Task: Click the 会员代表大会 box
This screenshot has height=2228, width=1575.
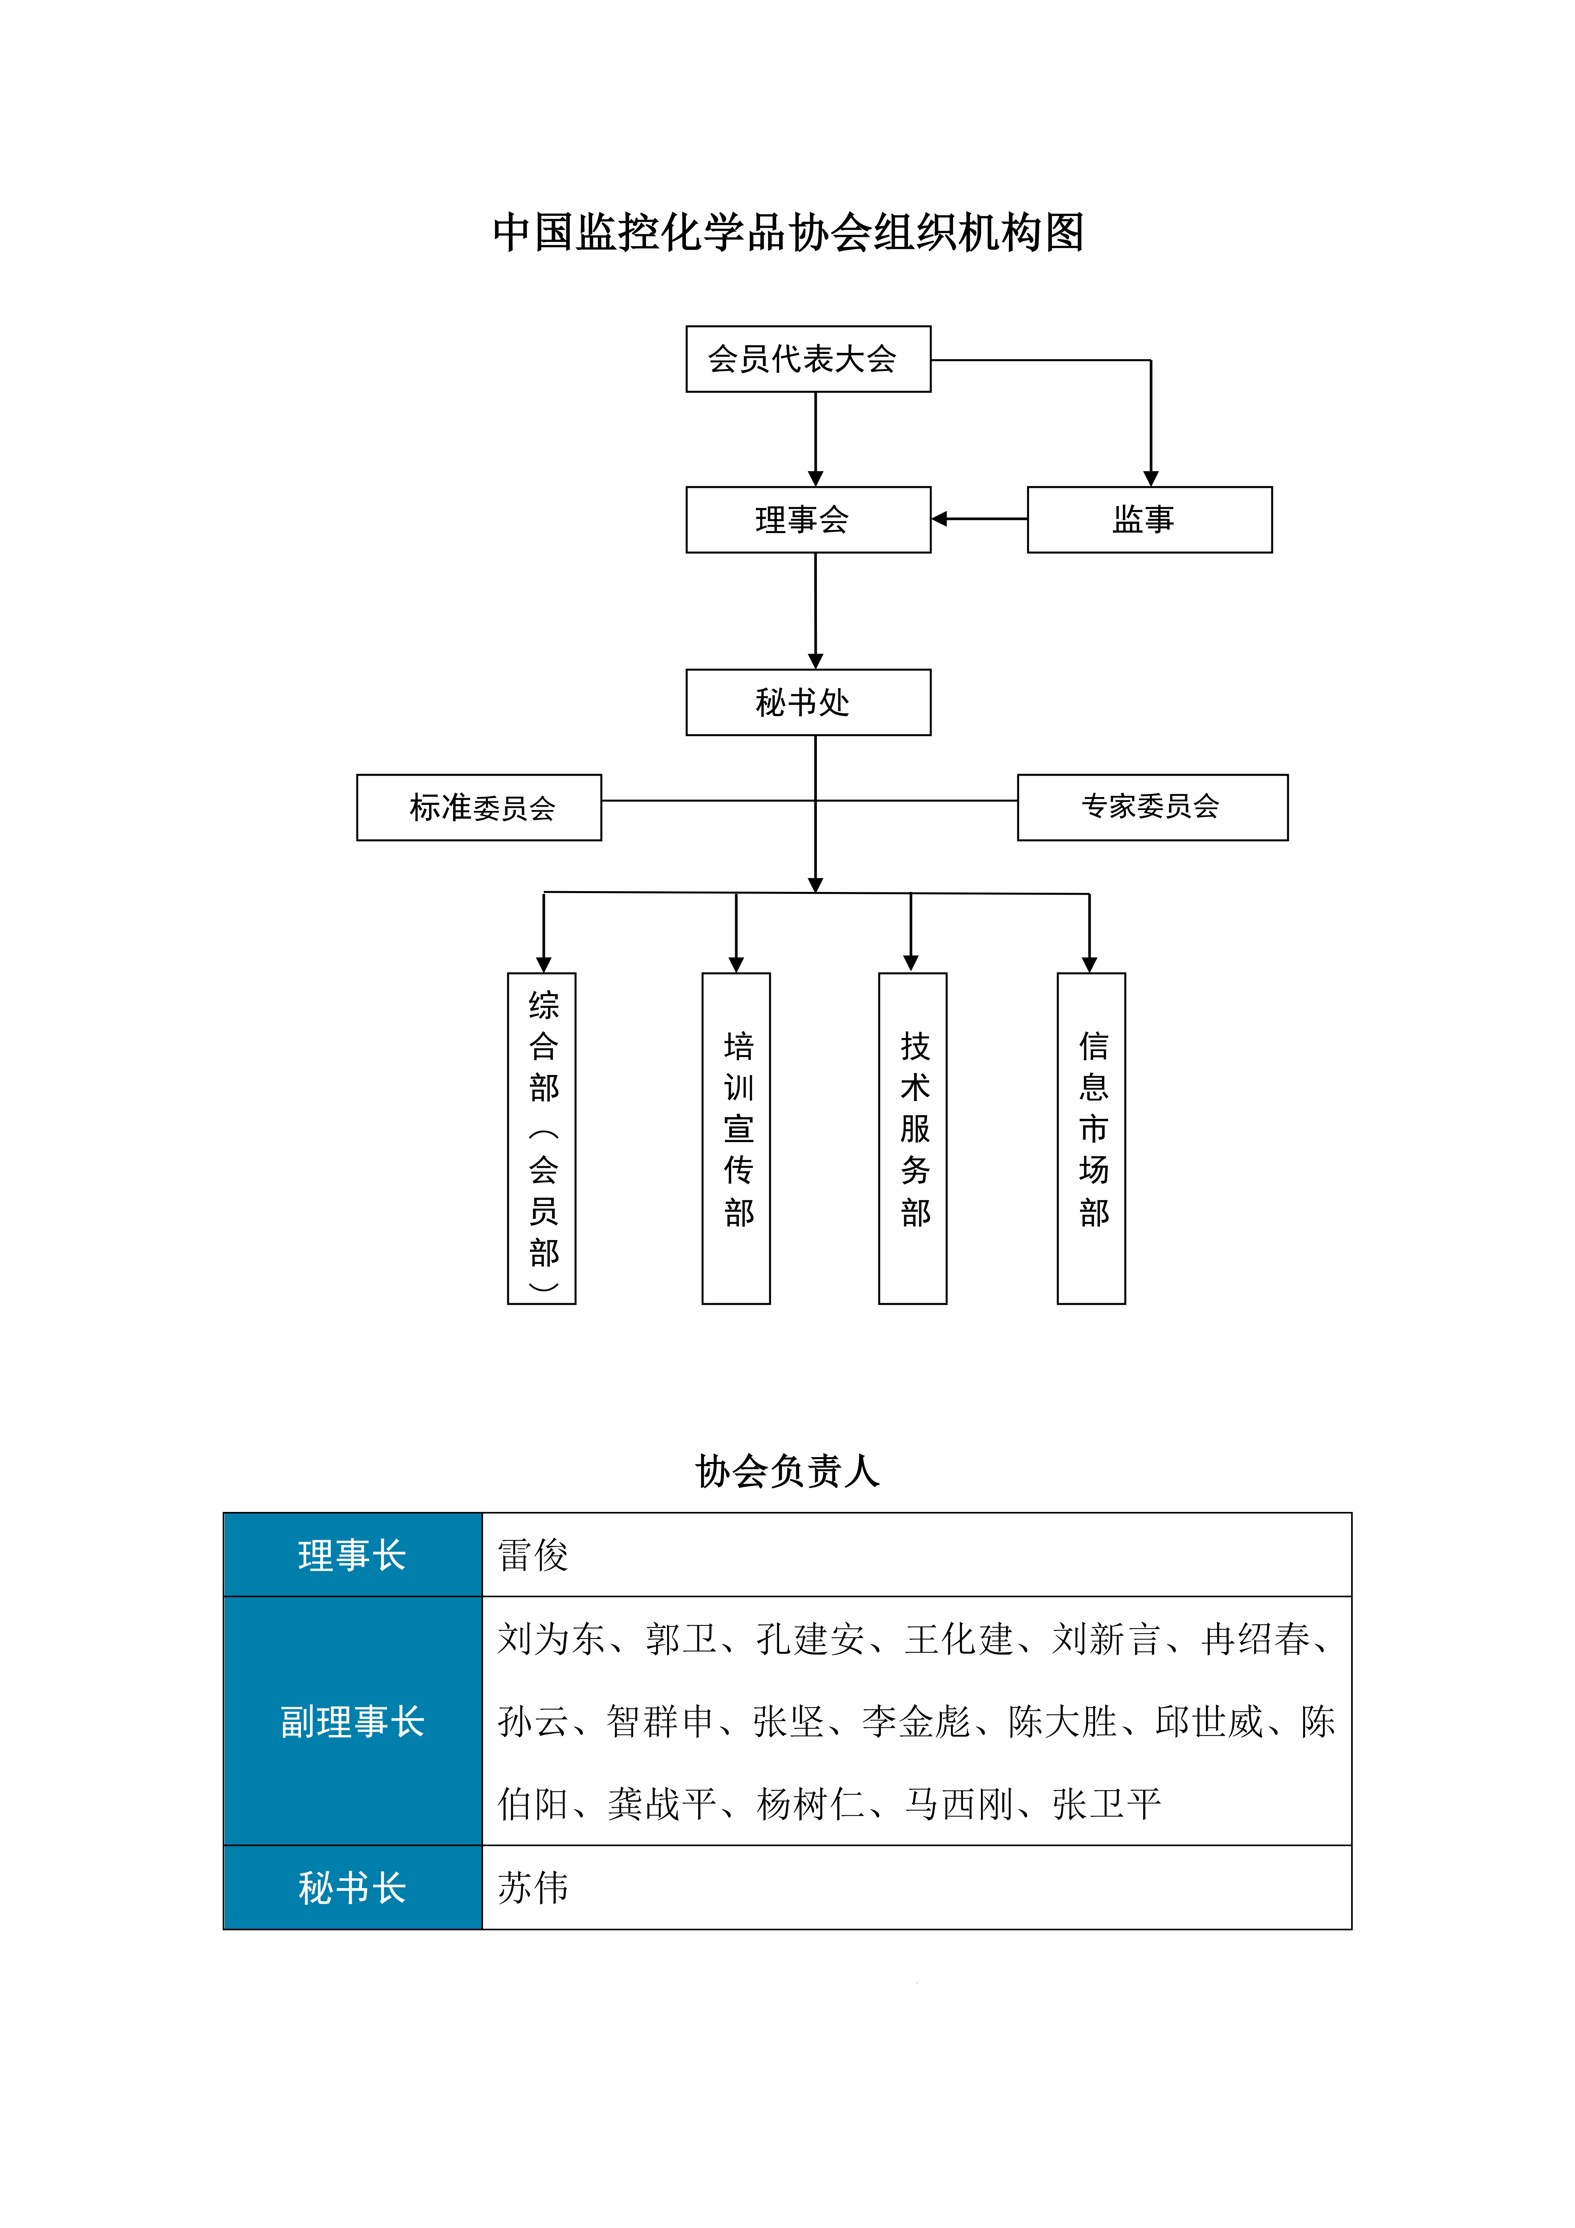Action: (x=807, y=359)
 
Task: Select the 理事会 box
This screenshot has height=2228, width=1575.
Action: (x=807, y=520)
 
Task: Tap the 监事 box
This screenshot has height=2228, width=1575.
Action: (x=1149, y=520)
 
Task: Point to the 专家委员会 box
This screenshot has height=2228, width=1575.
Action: (x=1152, y=807)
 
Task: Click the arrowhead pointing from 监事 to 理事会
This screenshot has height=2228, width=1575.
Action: (x=940, y=519)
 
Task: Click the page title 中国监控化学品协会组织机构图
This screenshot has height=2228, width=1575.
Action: (x=788, y=233)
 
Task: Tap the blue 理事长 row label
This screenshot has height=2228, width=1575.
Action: (x=352, y=1554)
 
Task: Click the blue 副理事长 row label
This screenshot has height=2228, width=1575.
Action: (x=352, y=1722)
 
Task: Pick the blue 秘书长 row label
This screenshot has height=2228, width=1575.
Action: (x=352, y=1887)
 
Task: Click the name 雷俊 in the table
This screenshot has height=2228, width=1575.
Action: (x=533, y=1554)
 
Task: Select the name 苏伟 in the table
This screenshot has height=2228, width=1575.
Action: (x=533, y=1887)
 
